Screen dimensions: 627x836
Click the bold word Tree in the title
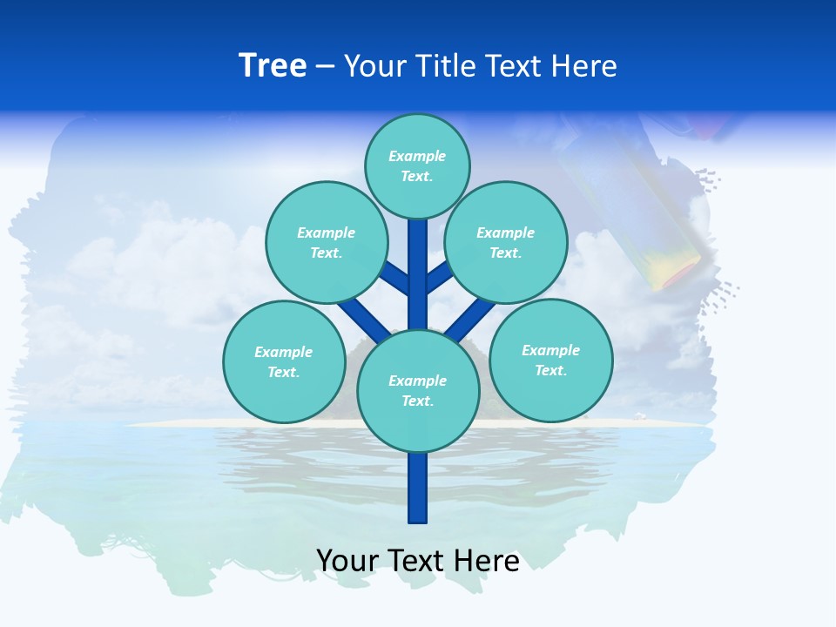(x=273, y=66)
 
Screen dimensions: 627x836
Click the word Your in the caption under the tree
(x=347, y=561)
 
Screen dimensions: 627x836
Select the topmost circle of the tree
(x=417, y=165)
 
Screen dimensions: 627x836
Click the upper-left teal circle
(x=327, y=242)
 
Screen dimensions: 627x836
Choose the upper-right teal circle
(x=506, y=242)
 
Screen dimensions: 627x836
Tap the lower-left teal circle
(x=284, y=361)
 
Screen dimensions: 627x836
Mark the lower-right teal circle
(x=551, y=360)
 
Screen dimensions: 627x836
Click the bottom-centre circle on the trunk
(x=418, y=390)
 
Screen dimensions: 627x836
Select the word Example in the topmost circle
(x=417, y=156)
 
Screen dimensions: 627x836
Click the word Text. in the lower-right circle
(x=550, y=370)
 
